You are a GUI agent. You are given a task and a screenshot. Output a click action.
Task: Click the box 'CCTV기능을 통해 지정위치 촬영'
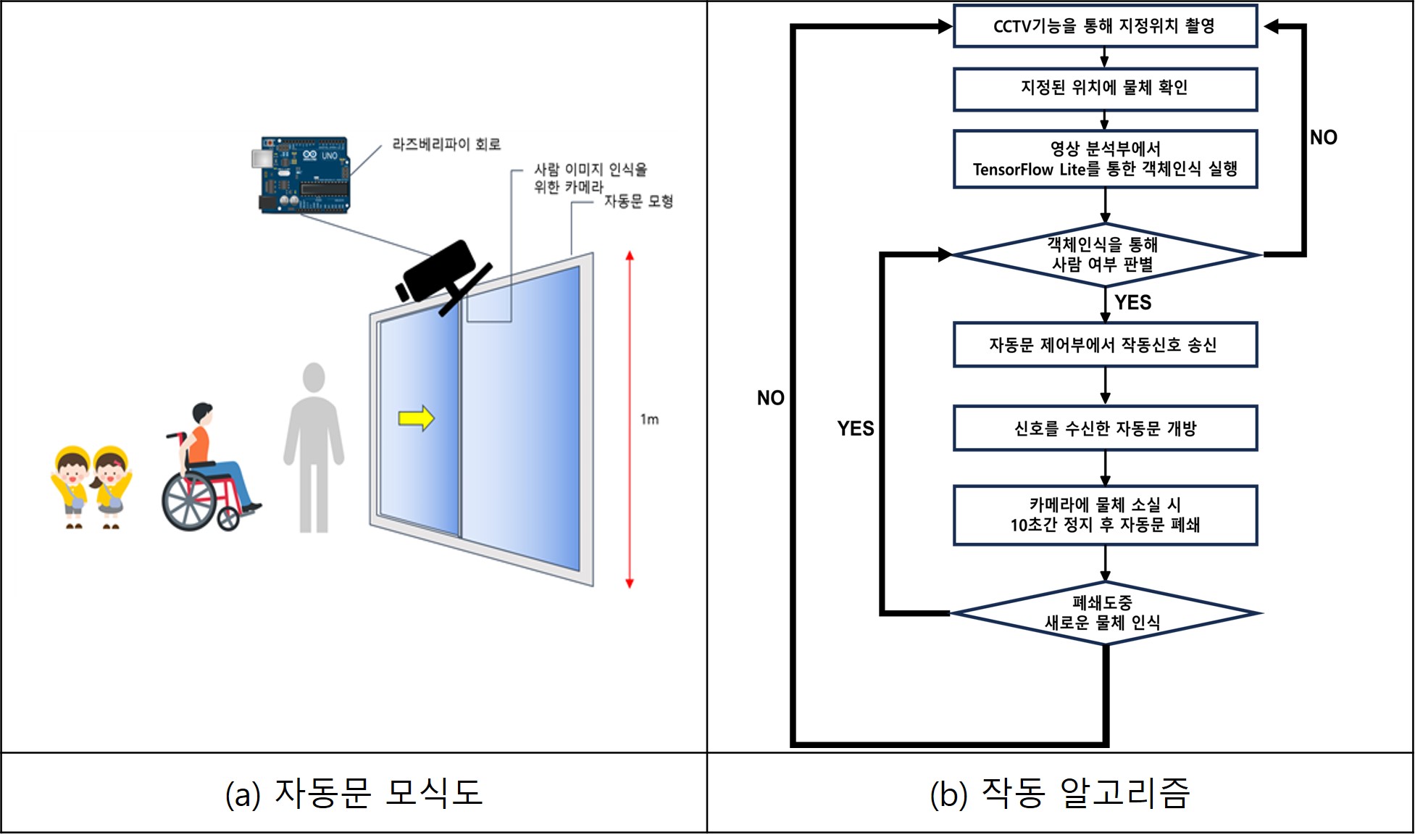(1104, 26)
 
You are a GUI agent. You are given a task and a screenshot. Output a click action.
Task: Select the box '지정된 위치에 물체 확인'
(1104, 88)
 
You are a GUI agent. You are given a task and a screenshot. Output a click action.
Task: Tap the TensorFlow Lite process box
(1104, 159)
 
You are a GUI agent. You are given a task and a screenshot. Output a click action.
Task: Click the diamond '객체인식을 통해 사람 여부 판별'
(1104, 254)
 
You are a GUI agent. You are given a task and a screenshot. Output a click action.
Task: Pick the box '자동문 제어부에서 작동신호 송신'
(1104, 345)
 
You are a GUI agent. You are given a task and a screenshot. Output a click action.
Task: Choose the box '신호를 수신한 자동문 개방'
(1104, 428)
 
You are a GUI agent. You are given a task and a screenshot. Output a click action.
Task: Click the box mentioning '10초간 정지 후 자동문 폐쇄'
(1104, 515)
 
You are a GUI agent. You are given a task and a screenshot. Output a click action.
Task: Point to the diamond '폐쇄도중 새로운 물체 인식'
(1104, 613)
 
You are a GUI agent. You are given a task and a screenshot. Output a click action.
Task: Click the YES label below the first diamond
(1132, 302)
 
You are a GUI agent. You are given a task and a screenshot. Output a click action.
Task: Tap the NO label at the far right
(1323, 137)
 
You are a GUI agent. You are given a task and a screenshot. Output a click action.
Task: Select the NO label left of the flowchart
(770, 398)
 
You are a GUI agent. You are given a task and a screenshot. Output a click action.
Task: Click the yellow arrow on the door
(416, 418)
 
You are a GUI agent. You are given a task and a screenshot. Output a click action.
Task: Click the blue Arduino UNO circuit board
(305, 175)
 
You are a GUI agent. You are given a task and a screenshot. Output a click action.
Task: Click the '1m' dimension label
(649, 419)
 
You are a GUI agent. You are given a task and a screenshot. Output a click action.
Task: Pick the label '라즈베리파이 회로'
(446, 144)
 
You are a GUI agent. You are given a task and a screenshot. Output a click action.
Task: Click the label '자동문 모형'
(638, 201)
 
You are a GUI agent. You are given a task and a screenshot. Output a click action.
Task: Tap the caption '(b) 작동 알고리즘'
(1059, 794)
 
